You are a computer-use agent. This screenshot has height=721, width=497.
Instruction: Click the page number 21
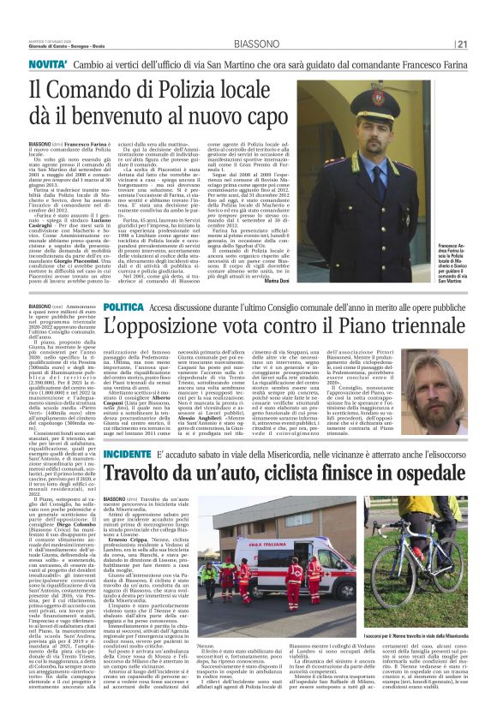486,20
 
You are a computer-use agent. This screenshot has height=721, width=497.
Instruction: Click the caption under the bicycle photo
432,638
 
